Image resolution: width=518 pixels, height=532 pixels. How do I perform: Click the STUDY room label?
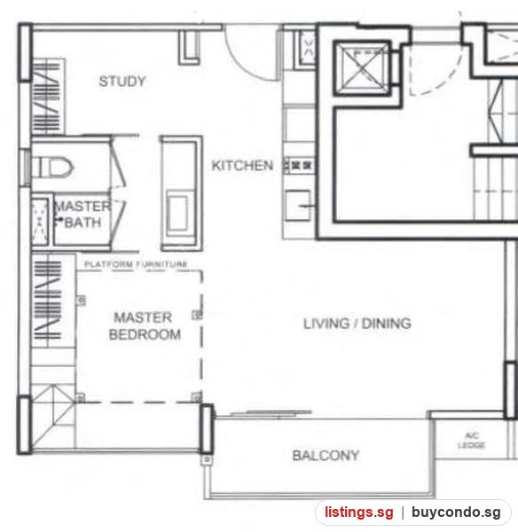[x=122, y=82]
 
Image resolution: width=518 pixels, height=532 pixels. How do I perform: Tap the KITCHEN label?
[x=242, y=166]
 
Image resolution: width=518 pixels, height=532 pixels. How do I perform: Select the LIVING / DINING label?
[x=357, y=324]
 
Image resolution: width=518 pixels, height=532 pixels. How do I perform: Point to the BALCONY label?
[x=326, y=456]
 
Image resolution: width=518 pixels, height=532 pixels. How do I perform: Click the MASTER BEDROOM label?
[x=145, y=326]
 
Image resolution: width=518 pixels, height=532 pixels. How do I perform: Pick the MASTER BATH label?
[x=82, y=215]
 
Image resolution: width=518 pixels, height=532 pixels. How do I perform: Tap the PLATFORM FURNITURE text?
[x=136, y=264]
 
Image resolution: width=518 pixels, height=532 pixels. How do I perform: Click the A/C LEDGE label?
[x=472, y=441]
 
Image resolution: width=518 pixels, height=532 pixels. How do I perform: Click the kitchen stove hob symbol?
[x=298, y=166]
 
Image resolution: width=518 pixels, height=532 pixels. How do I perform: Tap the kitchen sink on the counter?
[x=298, y=206]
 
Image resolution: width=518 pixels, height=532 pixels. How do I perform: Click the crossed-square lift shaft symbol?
[x=363, y=67]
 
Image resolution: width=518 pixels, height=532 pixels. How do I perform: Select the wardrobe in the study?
[x=48, y=97]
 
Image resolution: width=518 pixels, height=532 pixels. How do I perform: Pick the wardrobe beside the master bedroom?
[x=53, y=301]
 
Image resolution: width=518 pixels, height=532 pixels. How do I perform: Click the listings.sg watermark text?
[x=359, y=512]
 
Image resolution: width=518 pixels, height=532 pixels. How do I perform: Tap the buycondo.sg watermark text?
[x=456, y=512]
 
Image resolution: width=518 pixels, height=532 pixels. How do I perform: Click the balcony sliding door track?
[x=271, y=413]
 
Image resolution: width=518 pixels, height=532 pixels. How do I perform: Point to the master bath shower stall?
[x=40, y=221]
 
